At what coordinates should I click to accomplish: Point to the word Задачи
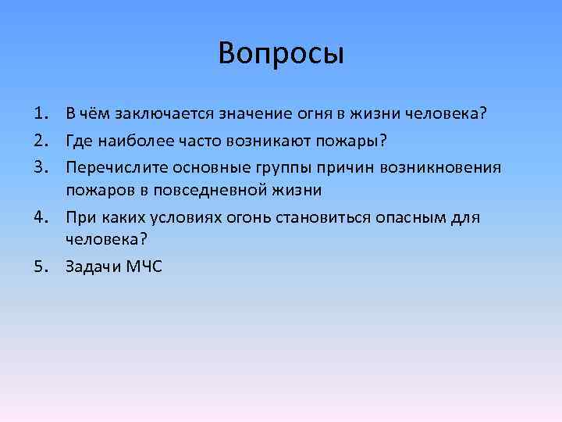pyautogui.click(x=91, y=266)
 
